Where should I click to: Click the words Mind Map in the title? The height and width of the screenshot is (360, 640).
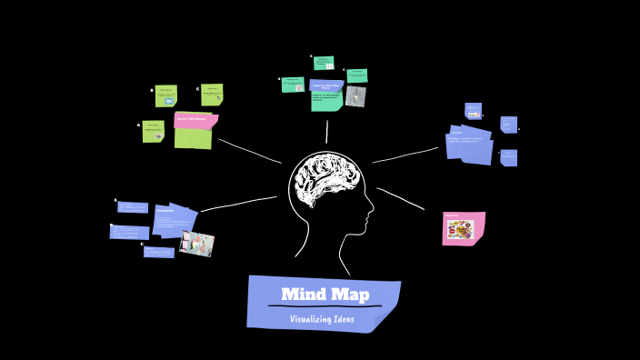[x=325, y=295]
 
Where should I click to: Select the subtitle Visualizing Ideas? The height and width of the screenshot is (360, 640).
[x=323, y=319]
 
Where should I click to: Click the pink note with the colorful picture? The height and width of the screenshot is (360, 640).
[x=463, y=228]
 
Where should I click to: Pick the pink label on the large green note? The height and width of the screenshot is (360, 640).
[x=195, y=120]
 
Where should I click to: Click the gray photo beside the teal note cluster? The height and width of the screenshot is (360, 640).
[x=355, y=96]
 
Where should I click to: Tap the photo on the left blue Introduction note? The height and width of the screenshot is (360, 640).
[x=197, y=243]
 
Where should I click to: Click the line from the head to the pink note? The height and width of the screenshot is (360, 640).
[x=401, y=199]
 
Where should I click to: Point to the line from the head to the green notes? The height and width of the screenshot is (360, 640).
[x=249, y=151]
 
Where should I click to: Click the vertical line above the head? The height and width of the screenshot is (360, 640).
[x=327, y=133]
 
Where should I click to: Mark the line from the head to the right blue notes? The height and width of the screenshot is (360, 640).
[x=405, y=155]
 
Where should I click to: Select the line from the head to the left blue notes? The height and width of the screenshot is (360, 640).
[x=238, y=204]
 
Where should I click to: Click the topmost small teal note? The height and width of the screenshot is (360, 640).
[x=324, y=63]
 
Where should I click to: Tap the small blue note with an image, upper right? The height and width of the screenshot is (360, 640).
[x=473, y=111]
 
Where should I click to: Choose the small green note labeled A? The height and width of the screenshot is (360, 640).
[x=153, y=132]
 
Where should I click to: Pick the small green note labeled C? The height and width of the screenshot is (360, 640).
[x=212, y=95]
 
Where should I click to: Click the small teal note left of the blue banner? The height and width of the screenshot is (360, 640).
[x=293, y=85]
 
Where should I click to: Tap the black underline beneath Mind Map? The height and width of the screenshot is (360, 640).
[x=324, y=306]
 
